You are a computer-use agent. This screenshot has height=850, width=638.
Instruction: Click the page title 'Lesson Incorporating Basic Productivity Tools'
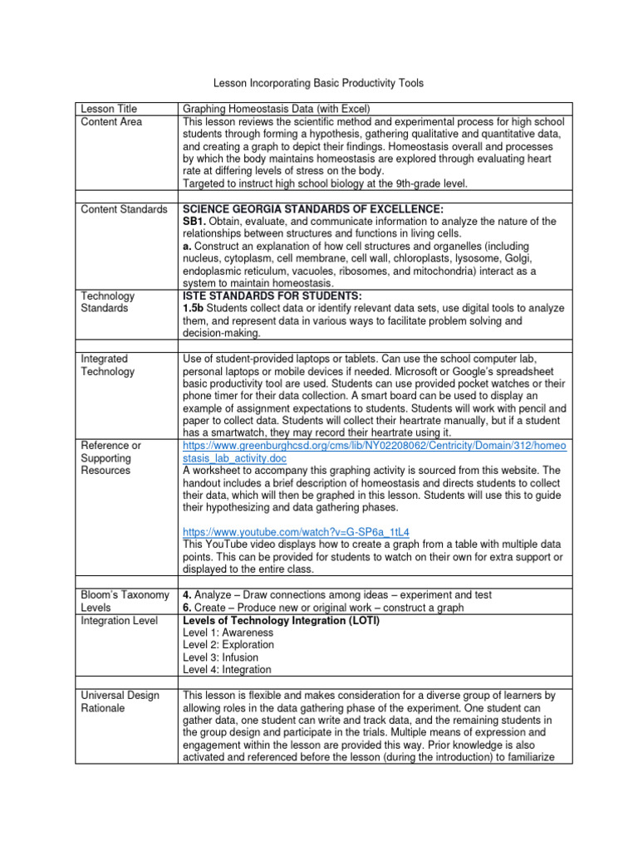coord(318,83)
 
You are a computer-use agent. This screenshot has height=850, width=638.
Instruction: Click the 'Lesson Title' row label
coord(107,109)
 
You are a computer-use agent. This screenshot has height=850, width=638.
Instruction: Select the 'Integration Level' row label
coord(115,621)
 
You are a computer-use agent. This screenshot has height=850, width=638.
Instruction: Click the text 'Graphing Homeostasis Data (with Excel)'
coord(277,109)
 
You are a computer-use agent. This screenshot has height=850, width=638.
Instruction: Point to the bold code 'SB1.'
coord(194,222)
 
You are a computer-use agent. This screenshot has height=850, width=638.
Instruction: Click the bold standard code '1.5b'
coord(194,308)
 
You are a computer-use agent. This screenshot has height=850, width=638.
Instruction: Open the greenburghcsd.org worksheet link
coord(375,452)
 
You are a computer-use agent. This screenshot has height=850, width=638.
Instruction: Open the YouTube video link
coord(297,531)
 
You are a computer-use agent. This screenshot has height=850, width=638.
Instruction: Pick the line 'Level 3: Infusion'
coord(220,657)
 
